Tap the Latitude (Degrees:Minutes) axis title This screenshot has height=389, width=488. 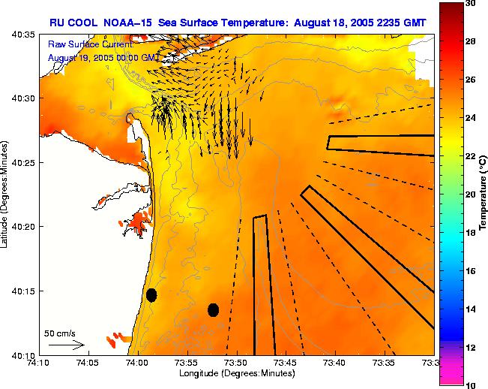click(6, 194)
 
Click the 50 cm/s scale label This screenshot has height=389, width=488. click(59, 333)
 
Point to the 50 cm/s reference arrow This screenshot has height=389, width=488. click(66, 345)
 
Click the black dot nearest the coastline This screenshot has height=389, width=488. click(151, 295)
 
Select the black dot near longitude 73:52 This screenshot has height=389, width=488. click(213, 309)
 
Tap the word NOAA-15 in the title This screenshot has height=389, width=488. click(124, 23)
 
